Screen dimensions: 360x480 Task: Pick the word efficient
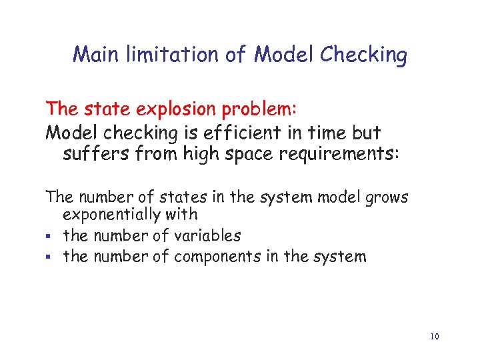point(227,132)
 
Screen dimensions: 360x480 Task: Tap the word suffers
point(94,155)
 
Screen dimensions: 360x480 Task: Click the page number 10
point(435,336)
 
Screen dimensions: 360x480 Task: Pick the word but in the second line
point(366,132)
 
